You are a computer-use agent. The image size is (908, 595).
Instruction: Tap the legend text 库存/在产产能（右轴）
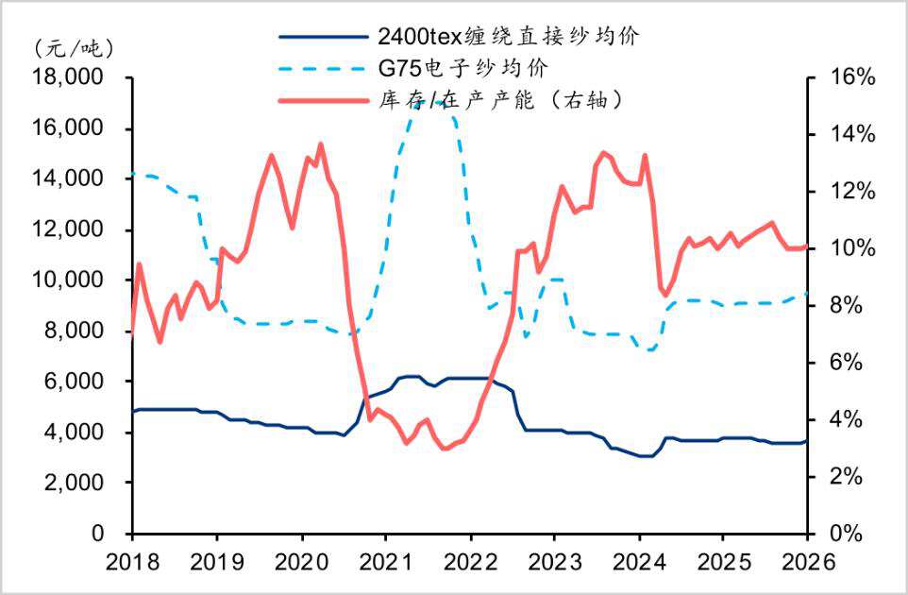point(500,99)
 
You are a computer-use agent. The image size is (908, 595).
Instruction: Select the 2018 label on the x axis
point(132,560)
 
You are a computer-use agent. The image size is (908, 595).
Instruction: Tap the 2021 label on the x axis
point(385,560)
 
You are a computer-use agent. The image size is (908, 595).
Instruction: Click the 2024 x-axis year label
point(638,560)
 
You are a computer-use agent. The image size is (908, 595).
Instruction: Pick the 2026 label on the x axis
point(807,560)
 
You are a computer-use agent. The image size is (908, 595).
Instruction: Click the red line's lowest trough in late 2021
point(444,449)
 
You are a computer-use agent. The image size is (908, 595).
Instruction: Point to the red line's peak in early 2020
point(320,144)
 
